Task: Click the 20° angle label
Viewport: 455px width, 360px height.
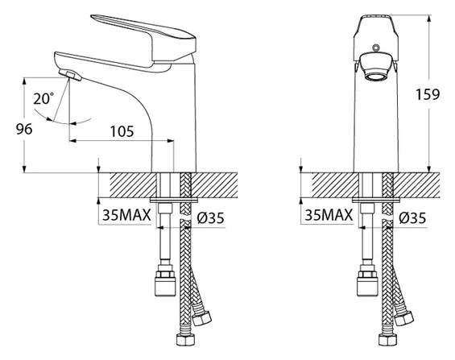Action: tap(43, 98)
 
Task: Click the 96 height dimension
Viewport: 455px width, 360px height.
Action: tap(24, 129)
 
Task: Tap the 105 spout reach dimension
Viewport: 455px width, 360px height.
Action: tap(122, 131)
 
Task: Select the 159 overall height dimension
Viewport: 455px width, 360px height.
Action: tap(428, 94)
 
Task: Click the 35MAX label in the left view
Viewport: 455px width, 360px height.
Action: tap(126, 215)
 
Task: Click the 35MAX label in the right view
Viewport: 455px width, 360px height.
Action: tap(329, 215)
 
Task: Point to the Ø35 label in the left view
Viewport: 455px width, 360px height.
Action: tap(211, 217)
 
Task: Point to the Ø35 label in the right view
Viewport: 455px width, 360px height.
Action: tap(412, 217)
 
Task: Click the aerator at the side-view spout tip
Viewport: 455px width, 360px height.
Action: tap(69, 75)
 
